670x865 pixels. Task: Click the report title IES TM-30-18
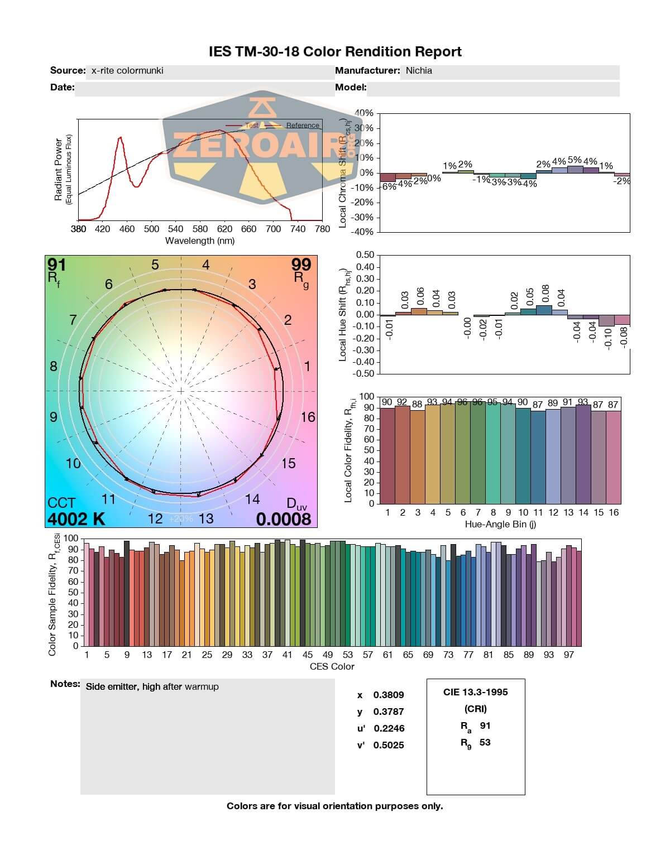coord(335,52)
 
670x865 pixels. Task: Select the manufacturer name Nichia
coord(419,71)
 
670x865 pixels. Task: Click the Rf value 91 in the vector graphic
coord(56,264)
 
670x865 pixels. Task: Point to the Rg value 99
coord(301,264)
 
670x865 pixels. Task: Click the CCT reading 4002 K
coord(76,519)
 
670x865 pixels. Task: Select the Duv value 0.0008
coord(284,519)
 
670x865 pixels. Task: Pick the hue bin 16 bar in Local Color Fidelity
coord(614,457)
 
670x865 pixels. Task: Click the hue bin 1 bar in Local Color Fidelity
coord(387,455)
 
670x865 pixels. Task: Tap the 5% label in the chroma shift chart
coord(575,161)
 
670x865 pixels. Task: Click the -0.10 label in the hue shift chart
coord(608,336)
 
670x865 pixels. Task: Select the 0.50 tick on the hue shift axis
coord(365,255)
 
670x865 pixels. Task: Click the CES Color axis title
coord(332,666)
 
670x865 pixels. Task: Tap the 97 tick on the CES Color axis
coord(568,655)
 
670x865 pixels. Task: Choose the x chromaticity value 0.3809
coord(389,695)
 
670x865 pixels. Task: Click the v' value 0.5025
coord(389,745)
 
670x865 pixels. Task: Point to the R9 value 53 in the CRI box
coord(485,742)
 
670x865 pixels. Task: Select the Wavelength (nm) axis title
coord(200,241)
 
